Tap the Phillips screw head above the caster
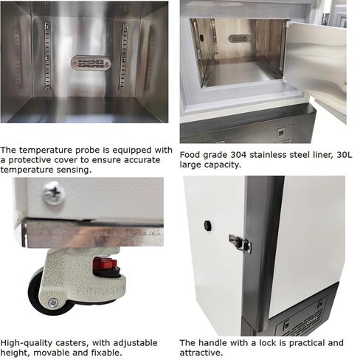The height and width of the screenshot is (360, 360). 53,194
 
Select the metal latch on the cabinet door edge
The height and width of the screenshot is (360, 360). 239,243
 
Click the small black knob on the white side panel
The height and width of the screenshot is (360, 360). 207,224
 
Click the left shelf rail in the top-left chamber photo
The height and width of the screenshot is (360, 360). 47,55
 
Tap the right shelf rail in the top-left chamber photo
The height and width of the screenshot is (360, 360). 123,56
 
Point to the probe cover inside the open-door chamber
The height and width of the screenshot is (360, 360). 238,38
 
